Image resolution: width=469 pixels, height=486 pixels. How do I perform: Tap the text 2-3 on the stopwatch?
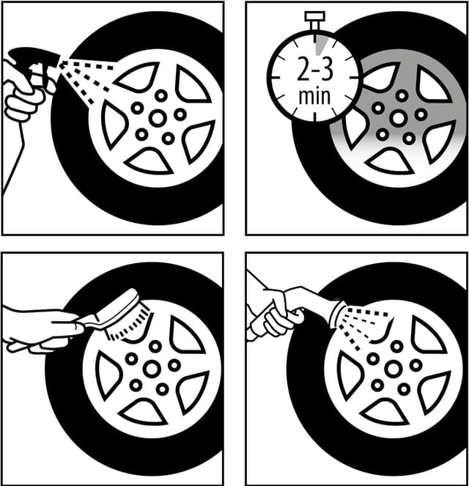[x=315, y=70]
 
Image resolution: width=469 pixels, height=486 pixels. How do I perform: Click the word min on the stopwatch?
[x=314, y=96]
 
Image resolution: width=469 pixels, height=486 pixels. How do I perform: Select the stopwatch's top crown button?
[x=314, y=16]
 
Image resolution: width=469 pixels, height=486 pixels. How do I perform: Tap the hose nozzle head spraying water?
[x=339, y=315]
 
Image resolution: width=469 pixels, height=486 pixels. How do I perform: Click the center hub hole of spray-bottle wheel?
[x=158, y=118]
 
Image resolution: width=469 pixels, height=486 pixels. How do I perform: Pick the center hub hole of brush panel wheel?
[x=152, y=369]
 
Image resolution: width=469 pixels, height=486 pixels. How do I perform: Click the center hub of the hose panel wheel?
[x=394, y=369]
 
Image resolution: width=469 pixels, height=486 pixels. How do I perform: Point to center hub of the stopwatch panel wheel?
[x=399, y=119]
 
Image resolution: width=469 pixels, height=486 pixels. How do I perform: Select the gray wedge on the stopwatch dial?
[x=321, y=45]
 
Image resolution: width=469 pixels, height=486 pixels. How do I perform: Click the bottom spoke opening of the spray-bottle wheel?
[x=148, y=161]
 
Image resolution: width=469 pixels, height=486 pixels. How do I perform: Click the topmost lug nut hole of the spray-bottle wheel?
[x=161, y=95]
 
